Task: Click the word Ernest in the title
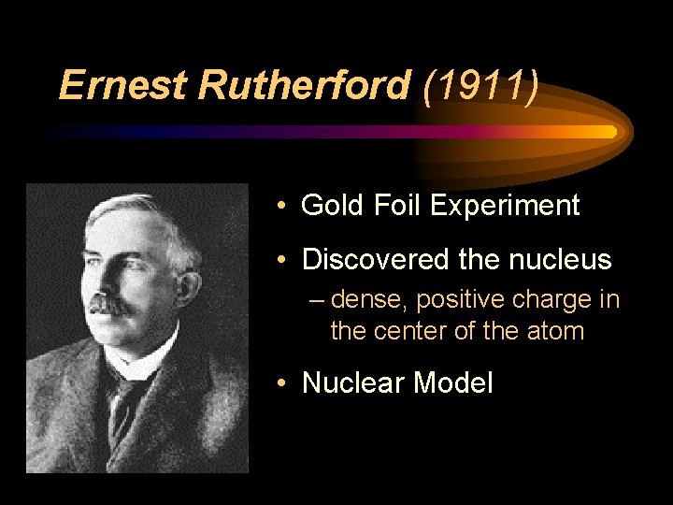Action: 123,86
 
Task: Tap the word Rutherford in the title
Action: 303,86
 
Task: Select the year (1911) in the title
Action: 480,86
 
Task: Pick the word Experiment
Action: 505,206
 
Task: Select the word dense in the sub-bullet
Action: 370,300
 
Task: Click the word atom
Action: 558,331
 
